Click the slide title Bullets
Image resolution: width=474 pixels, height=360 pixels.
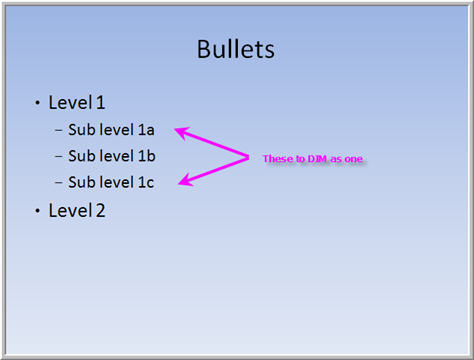(x=236, y=49)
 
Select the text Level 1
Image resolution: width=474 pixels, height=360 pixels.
(x=76, y=102)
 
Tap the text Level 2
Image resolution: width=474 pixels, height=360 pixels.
(x=76, y=210)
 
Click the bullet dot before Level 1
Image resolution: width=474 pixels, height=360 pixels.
(x=37, y=103)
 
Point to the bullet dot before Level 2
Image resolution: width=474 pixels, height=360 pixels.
(x=37, y=211)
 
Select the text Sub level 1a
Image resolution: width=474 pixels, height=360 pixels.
(x=111, y=130)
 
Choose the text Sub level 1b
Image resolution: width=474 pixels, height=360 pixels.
(x=111, y=156)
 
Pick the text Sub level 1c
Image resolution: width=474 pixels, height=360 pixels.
(x=111, y=182)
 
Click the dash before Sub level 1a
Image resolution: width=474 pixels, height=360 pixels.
(x=59, y=130)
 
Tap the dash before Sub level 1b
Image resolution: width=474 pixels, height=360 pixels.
(x=59, y=156)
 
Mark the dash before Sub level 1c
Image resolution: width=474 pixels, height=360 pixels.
(x=59, y=182)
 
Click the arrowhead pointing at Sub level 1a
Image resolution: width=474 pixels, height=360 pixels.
(x=181, y=130)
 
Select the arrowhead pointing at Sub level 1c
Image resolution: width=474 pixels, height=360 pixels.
(x=182, y=181)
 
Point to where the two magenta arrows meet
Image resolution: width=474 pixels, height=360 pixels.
(x=247, y=156)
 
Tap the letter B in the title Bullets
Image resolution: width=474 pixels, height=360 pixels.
(x=204, y=49)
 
